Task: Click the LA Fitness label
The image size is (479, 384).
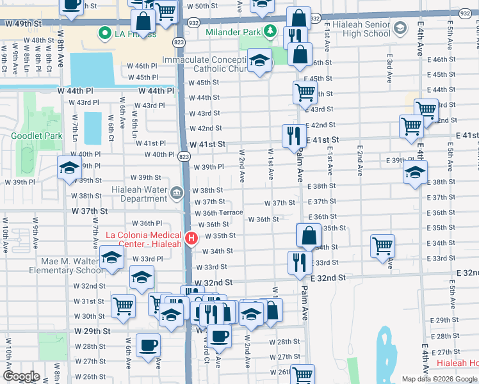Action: point(134,33)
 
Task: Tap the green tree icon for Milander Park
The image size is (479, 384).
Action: point(271,31)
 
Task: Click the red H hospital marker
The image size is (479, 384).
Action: point(191,239)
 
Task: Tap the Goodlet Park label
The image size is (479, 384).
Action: point(37,136)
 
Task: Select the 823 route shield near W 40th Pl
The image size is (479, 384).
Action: point(184,156)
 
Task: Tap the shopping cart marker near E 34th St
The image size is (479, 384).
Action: point(382,245)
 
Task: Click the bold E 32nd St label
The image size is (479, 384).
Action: point(328,278)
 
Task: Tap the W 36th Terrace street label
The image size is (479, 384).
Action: point(218,212)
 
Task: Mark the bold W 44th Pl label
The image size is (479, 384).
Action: point(152,91)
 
